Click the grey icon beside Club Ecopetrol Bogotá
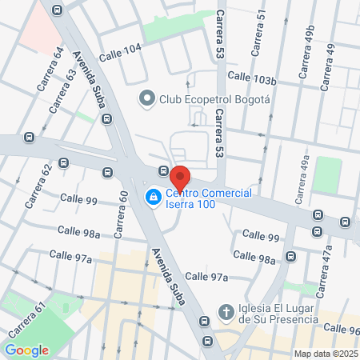tap(146, 99)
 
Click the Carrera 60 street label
tap(121, 215)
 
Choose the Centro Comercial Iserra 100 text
tap(210, 200)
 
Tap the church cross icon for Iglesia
tap(226, 310)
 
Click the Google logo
tap(26, 350)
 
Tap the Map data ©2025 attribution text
tap(324, 354)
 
